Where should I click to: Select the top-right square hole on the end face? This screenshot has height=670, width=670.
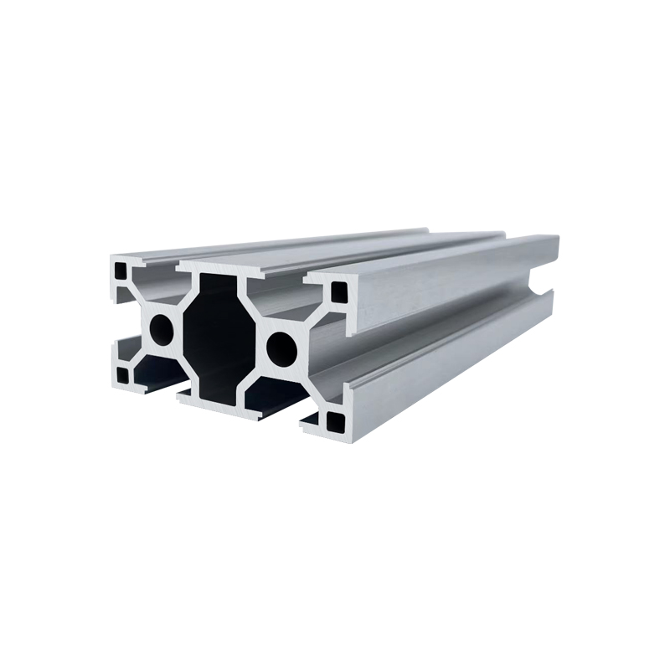pyautogui.click(x=338, y=291)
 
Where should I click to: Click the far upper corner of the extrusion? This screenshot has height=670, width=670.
pyautogui.click(x=556, y=238)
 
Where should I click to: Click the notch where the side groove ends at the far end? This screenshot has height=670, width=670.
pyautogui.click(x=549, y=289)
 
